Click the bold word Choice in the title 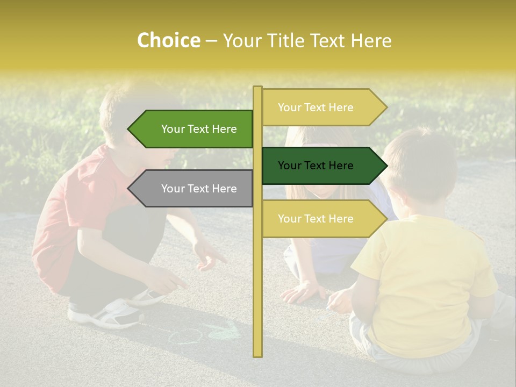pos(168,41)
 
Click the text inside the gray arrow pos(199,189)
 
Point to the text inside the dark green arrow pos(316,166)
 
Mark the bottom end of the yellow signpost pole pos(258,355)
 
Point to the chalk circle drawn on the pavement pos(185,336)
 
